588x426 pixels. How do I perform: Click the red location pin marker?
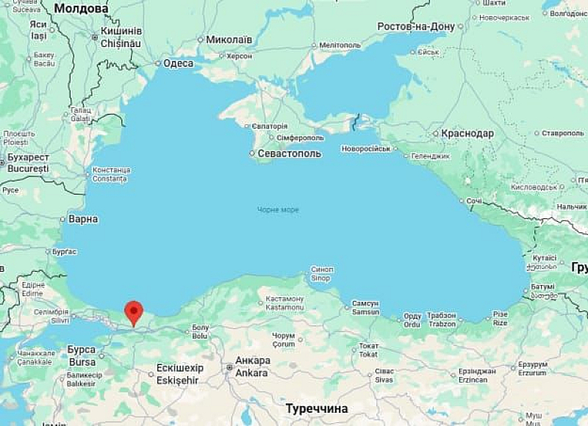click(x=133, y=311)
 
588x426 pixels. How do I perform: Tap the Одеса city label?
click(x=178, y=63)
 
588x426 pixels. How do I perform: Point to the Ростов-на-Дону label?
click(x=416, y=26)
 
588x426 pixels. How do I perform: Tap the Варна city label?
click(x=83, y=219)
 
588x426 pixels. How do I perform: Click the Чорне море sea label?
click(x=278, y=210)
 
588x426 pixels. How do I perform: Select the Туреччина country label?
click(x=317, y=408)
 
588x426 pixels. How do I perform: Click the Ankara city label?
click(x=251, y=372)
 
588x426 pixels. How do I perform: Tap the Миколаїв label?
click(x=229, y=40)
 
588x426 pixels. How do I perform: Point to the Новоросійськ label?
click(x=366, y=148)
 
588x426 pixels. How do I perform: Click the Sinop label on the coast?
click(x=321, y=278)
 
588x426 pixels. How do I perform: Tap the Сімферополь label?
click(x=301, y=137)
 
